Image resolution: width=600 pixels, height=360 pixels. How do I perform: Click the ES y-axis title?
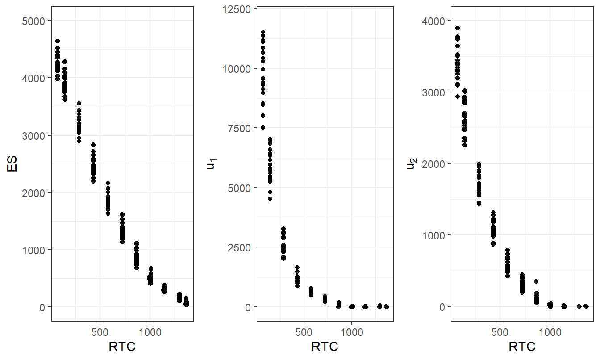[x=12, y=163]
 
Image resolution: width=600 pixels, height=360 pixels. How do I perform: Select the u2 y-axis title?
[x=411, y=164]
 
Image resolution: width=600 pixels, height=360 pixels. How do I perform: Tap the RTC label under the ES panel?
[x=122, y=347]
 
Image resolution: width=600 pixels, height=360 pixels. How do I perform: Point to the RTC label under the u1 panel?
[x=325, y=347]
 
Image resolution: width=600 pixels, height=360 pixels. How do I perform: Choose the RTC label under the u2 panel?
[x=522, y=347]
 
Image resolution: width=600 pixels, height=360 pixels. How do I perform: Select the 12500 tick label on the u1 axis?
[x=238, y=9]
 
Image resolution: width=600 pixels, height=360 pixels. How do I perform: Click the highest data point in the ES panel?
[x=57, y=41]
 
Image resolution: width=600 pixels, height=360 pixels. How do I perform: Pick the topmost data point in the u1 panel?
[x=263, y=32]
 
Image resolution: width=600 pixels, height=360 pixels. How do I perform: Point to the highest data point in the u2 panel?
[x=458, y=28]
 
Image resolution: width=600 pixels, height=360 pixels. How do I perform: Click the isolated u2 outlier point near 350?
[x=536, y=281]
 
